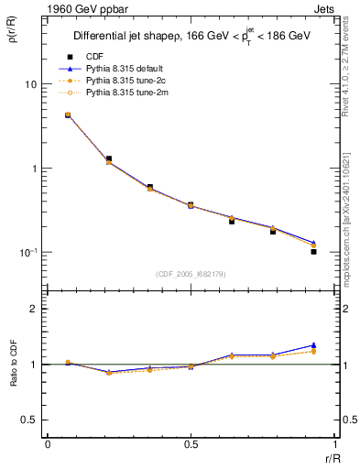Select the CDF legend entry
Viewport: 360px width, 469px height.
[95, 55]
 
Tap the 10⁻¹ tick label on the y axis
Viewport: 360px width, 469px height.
[29, 252]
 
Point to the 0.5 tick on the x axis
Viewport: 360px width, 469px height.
[191, 444]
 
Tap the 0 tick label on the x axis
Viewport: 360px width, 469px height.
[48, 444]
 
